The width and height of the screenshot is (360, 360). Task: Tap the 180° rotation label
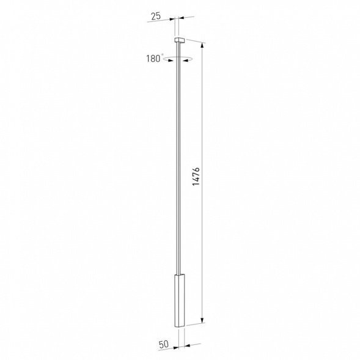pos(154,59)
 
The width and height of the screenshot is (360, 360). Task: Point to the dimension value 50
pos(164,345)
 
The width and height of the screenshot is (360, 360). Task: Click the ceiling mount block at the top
pos(179,40)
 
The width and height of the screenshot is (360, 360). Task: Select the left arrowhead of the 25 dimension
pos(173,18)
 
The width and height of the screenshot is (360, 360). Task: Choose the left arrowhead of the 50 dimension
pos(174,346)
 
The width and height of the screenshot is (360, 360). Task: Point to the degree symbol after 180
pos(163,55)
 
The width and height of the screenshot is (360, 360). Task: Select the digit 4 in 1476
pos(196,186)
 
